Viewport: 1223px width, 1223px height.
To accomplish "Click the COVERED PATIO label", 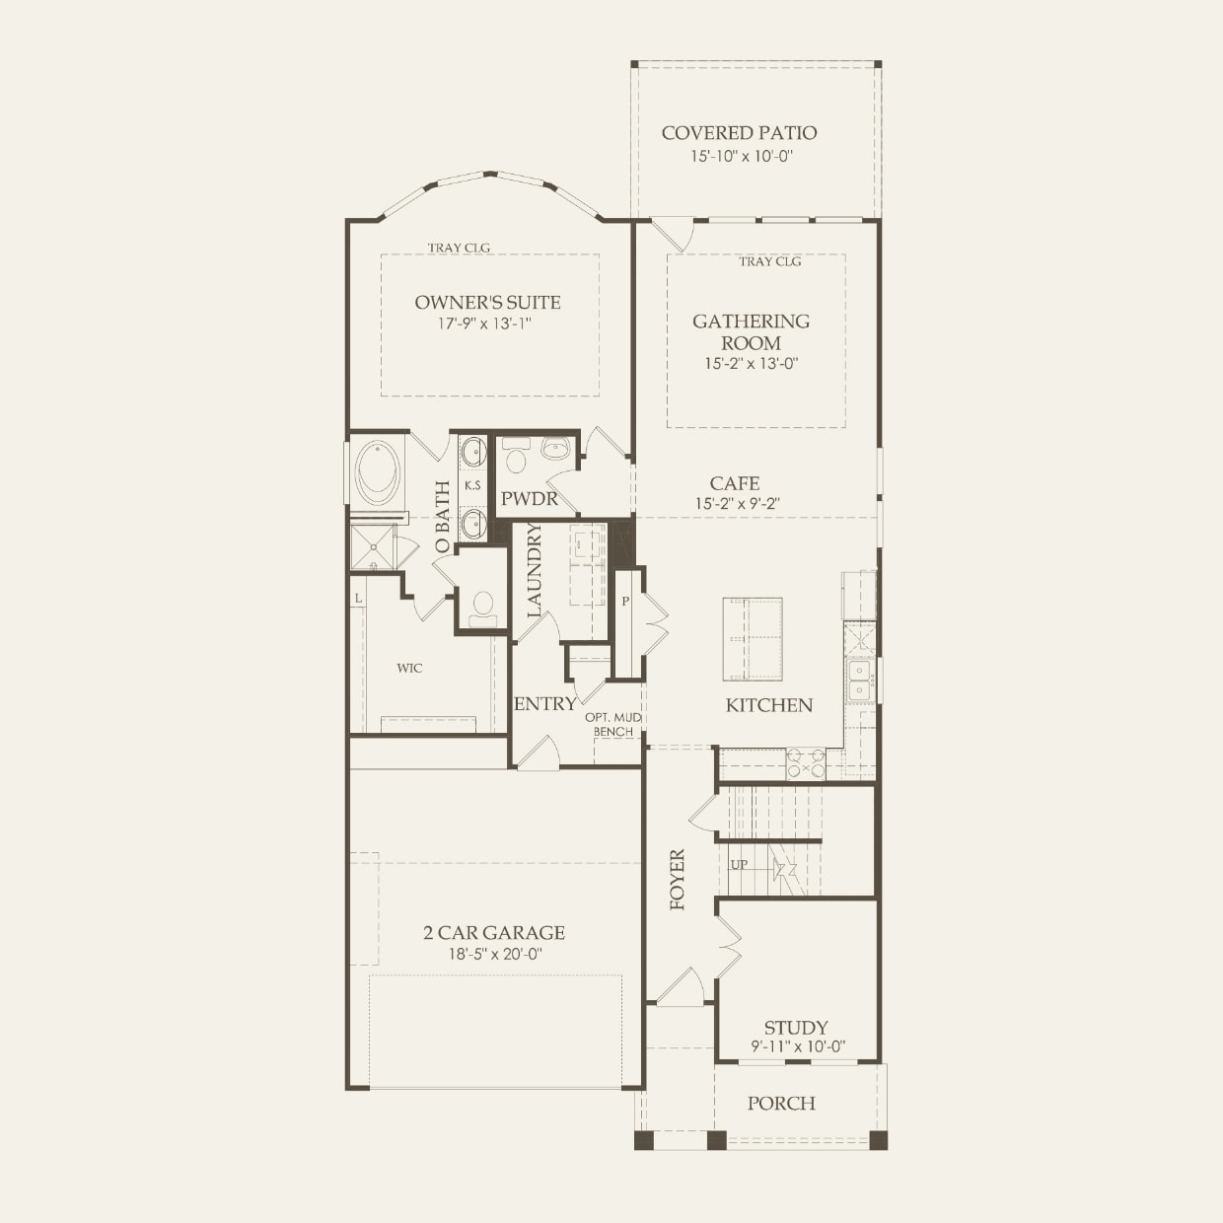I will pyautogui.click(x=739, y=133).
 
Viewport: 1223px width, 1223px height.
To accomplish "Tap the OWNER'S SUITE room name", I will pyautogui.click(x=487, y=303).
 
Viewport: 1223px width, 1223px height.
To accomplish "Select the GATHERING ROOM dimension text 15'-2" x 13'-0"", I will pyautogui.click(x=751, y=363).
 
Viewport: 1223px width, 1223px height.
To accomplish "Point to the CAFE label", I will pyautogui.click(x=735, y=483).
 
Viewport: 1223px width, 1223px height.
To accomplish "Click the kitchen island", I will pyautogui.click(x=753, y=638).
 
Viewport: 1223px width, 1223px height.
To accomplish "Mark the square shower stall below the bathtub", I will pyautogui.click(x=373, y=547).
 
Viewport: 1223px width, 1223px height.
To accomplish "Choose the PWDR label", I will pyautogui.click(x=530, y=499).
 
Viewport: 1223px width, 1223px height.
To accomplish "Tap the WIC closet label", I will pyautogui.click(x=409, y=668).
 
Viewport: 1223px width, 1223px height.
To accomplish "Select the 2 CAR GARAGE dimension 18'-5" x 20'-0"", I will pyautogui.click(x=494, y=954).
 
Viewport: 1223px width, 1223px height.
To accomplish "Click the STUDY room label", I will pyautogui.click(x=795, y=1027).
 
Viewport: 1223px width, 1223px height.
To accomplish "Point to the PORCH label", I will pyautogui.click(x=781, y=1103).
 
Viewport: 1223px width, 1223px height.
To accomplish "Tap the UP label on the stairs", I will pyautogui.click(x=739, y=865).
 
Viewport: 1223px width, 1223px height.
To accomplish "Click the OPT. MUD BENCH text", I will pyautogui.click(x=613, y=724).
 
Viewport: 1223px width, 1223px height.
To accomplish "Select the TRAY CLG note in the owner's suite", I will pyautogui.click(x=459, y=249).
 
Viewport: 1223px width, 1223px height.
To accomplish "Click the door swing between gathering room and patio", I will pyautogui.click(x=676, y=234).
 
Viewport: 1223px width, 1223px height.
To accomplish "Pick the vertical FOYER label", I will pyautogui.click(x=678, y=879).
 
